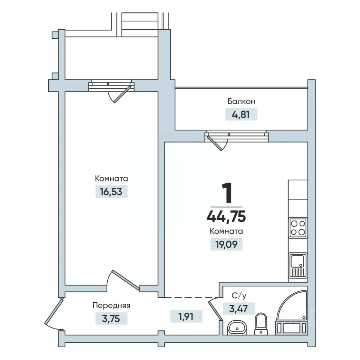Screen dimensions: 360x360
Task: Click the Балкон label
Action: pyautogui.click(x=241, y=101)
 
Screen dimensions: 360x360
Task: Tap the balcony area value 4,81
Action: pyautogui.click(x=241, y=114)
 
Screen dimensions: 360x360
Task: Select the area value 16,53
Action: pyautogui.click(x=111, y=192)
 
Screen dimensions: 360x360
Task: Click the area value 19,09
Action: pyautogui.click(x=226, y=244)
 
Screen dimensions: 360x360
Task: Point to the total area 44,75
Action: pyautogui.click(x=226, y=216)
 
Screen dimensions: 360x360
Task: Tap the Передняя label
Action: pyautogui.click(x=111, y=306)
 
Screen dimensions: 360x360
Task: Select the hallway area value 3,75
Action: pyautogui.click(x=111, y=319)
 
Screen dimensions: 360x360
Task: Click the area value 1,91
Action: pyautogui.click(x=186, y=316)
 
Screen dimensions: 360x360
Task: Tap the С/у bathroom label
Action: pyautogui.click(x=239, y=296)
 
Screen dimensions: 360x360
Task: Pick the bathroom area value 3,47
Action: pyautogui.click(x=238, y=309)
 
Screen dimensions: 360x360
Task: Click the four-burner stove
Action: pyautogui.click(x=298, y=228)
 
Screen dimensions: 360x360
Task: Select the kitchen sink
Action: pyautogui.click(x=298, y=265)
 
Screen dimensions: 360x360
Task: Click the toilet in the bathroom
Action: pyautogui.click(x=261, y=324)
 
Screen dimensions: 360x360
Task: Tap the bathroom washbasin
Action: pyautogui.click(x=237, y=327)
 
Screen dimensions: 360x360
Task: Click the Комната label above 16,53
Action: pyautogui.click(x=111, y=178)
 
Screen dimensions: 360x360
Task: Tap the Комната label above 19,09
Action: pyautogui.click(x=226, y=231)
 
